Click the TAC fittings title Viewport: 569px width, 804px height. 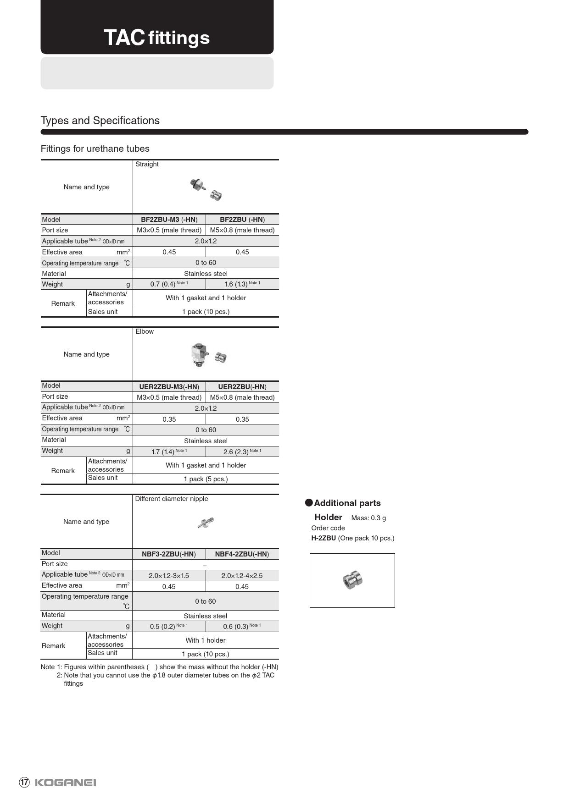tap(156, 38)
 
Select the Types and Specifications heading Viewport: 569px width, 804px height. tap(100, 121)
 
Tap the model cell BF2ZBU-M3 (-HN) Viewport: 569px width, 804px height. tap(169, 220)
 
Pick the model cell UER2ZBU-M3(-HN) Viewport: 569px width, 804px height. tap(169, 386)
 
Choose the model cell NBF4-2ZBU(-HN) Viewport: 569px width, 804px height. tap(242, 554)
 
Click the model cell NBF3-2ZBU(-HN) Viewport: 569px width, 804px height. tap(168, 554)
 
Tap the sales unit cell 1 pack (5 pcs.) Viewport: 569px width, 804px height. tap(206, 479)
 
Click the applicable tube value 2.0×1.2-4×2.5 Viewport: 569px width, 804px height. tap(242, 576)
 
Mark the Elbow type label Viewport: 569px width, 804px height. tap(145, 331)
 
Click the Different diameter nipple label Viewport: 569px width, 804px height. tap(171, 499)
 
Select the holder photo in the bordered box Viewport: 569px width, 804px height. tap(352, 580)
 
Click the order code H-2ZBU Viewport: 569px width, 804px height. tap(324, 538)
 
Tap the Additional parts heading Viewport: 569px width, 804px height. tap(347, 503)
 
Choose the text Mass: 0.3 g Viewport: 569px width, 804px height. tap(368, 518)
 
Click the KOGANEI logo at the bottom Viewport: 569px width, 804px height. tap(65, 782)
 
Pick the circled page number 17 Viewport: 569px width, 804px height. tap(24, 782)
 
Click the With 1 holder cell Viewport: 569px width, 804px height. tap(205, 640)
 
